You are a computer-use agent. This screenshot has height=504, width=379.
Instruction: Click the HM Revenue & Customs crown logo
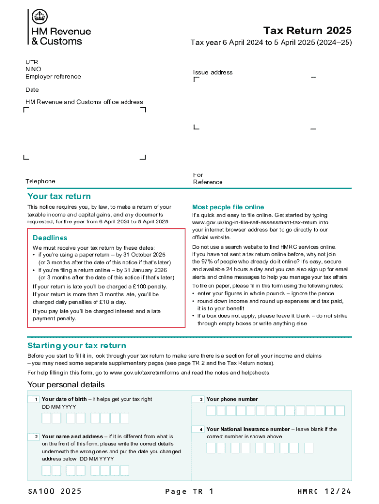(40, 17)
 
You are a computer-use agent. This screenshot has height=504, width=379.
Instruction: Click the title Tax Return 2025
(308, 31)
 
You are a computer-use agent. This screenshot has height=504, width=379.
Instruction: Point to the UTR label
(32, 62)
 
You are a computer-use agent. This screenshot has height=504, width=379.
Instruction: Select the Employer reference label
(53, 76)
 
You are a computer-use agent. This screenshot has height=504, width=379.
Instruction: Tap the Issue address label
(213, 72)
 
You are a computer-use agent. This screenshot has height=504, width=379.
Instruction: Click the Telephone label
(40, 181)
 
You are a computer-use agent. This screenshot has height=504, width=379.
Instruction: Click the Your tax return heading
(59, 197)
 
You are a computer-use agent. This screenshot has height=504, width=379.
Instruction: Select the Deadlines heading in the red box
(50, 238)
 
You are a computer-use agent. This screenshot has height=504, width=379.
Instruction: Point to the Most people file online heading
(228, 207)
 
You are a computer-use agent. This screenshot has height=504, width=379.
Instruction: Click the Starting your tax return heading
(76, 346)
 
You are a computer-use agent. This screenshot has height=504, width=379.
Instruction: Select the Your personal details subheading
(65, 384)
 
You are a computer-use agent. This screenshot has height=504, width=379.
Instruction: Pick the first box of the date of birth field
(46, 418)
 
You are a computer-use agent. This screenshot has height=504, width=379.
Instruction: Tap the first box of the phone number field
(211, 410)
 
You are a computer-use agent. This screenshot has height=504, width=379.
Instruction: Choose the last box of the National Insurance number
(308, 448)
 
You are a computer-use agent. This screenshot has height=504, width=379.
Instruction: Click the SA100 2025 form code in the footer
(55, 491)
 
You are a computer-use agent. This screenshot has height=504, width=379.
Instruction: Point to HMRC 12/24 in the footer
(324, 491)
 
